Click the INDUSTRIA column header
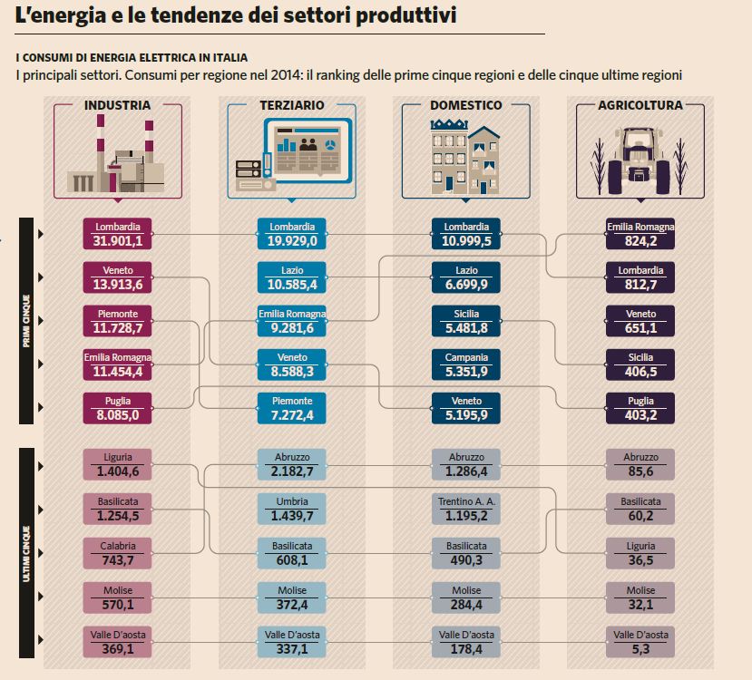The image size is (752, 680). click(117, 106)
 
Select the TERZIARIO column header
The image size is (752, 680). click(291, 106)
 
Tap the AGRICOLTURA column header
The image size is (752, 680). click(640, 106)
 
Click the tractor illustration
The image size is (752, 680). click(640, 159)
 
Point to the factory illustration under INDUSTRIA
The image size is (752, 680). click(118, 159)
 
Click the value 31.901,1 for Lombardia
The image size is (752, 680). click(118, 241)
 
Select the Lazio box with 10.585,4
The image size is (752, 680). click(292, 277)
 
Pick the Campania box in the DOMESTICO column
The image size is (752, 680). click(466, 364)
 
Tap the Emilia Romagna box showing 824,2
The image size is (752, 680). click(640, 234)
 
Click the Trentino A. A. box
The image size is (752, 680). click(466, 509)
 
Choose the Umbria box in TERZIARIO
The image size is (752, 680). click(292, 509)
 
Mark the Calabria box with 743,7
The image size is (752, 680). click(118, 553)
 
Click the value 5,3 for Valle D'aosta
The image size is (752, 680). click(640, 649)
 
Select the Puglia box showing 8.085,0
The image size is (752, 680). click(118, 408)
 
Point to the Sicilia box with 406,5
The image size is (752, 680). click(640, 364)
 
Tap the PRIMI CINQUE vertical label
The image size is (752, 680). click(26, 321)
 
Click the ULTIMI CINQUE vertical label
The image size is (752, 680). click(26, 552)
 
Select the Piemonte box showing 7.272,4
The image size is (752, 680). click(292, 408)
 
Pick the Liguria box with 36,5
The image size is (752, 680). click(640, 553)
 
